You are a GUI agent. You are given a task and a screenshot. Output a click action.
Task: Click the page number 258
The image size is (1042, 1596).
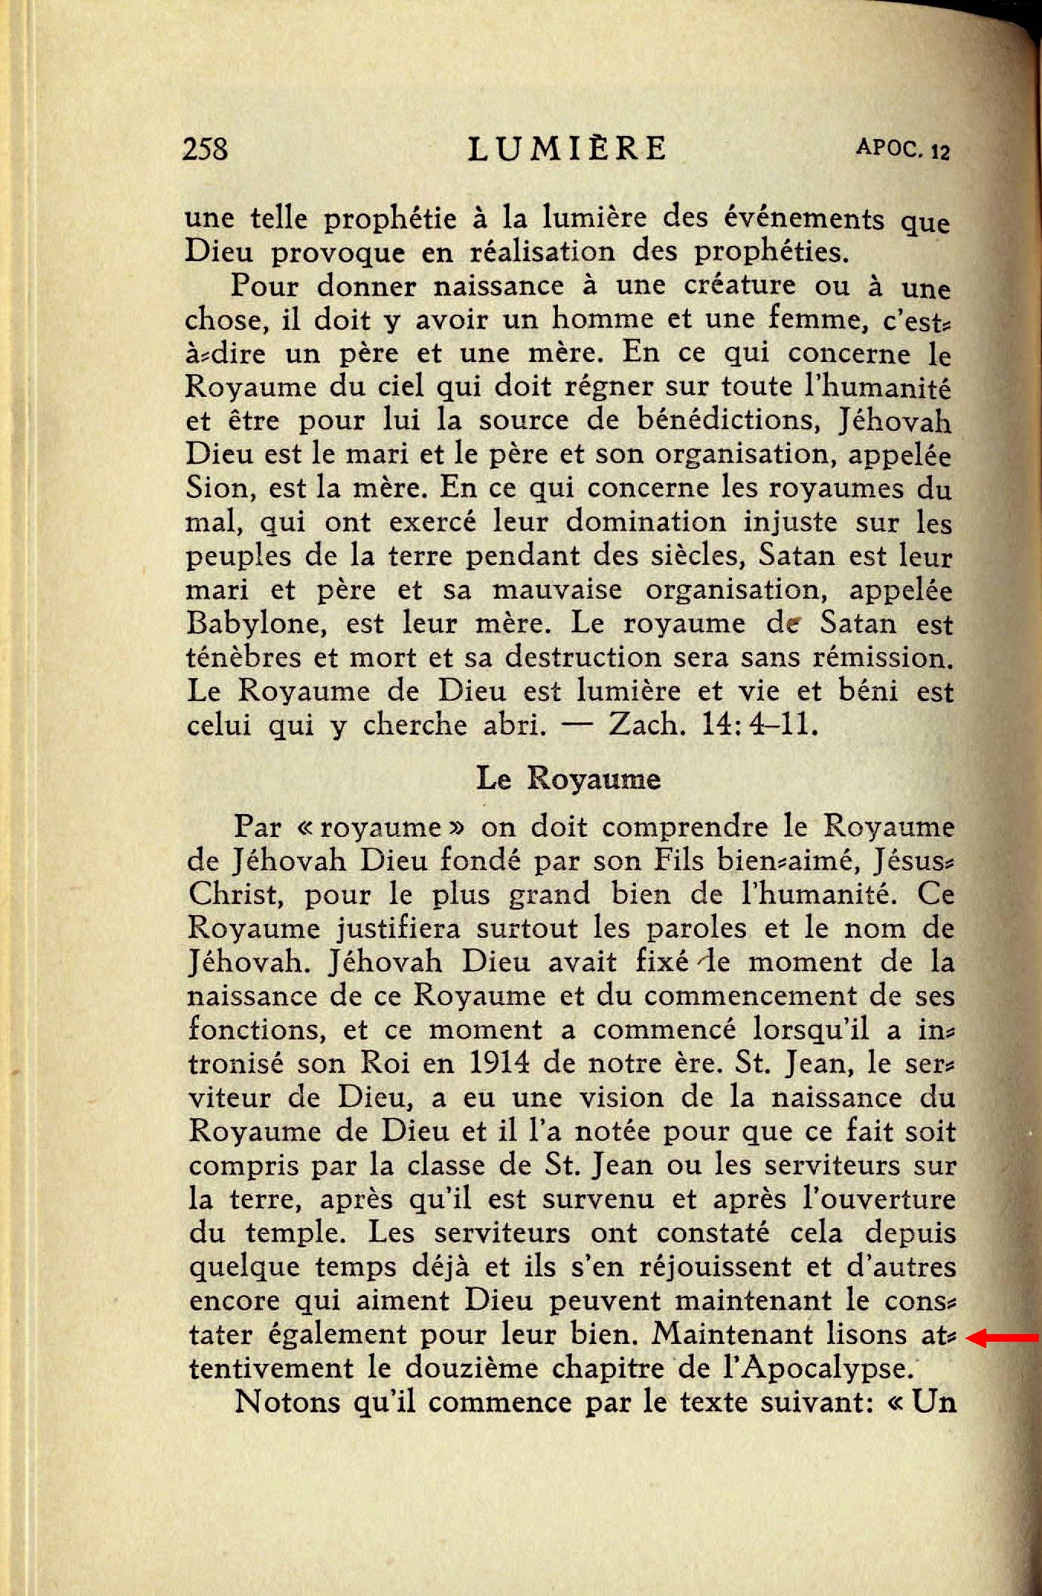point(205,148)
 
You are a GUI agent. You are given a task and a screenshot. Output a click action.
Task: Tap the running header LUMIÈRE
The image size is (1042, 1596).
point(567,149)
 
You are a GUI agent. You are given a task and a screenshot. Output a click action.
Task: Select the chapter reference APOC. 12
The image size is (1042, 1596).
point(902,148)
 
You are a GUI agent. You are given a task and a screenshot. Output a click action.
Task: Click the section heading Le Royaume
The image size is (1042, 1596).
point(568,779)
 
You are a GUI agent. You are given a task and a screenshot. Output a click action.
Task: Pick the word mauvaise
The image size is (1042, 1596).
point(556,590)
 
